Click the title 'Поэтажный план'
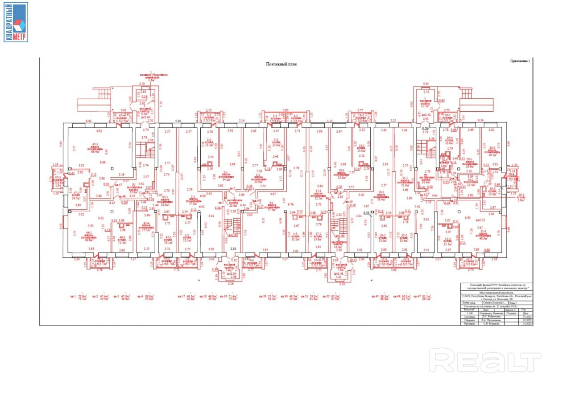281,64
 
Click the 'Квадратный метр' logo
16,22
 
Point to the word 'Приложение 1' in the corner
521,61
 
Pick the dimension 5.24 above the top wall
178,121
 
